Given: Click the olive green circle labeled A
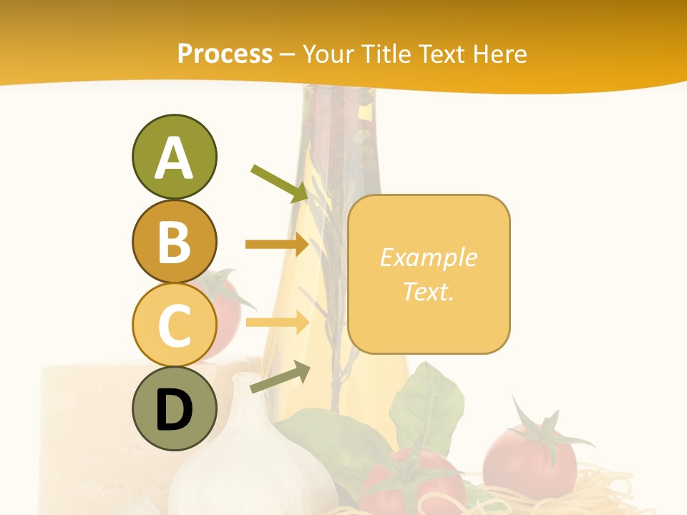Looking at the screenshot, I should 174,157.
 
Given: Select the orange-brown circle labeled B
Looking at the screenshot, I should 174,241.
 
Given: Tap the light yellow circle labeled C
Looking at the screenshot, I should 174,324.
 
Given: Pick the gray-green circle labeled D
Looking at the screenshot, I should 174,408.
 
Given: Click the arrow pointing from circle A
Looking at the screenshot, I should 279,183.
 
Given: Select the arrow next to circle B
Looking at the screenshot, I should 277,245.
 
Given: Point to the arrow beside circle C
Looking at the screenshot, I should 277,323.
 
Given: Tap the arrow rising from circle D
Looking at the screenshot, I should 280,378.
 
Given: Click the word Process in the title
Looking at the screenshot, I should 225,54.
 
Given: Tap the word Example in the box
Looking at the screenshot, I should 428,257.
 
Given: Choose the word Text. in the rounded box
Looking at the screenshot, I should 428,291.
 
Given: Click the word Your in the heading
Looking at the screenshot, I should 328,54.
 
